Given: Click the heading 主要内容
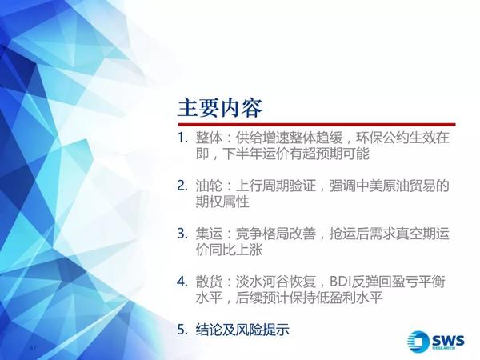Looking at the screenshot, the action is (220, 108).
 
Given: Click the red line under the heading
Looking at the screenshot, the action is (317, 125).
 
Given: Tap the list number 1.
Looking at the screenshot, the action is (182, 138).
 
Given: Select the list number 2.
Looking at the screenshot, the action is (182, 186).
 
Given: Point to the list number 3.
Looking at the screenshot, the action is (182, 234).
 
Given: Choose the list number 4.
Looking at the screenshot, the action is (182, 282).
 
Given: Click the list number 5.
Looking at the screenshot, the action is (182, 330).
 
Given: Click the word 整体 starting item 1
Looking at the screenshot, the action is (209, 138).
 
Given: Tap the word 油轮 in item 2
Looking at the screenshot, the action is (209, 186).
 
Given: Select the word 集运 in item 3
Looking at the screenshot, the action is (209, 234).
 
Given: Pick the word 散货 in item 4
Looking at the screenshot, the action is (209, 282).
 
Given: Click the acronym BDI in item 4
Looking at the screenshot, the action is (340, 282).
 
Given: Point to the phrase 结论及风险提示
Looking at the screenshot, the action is (242, 330).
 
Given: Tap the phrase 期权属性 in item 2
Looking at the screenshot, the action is (222, 202).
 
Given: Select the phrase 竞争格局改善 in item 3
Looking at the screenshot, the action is (275, 234).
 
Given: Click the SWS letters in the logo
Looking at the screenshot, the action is (448, 340).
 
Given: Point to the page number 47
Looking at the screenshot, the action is (33, 348).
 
